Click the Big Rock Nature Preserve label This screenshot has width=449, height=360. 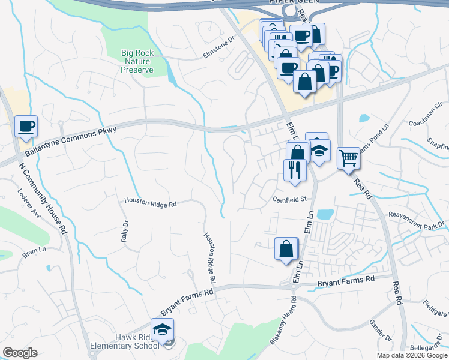137,61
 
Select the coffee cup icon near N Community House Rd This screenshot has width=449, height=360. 26,127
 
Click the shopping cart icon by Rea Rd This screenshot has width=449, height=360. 348,158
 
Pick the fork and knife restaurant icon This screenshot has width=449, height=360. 295,169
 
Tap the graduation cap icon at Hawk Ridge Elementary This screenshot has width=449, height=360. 161,329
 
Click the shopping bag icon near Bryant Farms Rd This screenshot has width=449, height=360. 286,248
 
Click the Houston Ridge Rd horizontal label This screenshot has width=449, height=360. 150,204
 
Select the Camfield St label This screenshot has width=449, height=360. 289,199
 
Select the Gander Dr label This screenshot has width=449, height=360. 380,328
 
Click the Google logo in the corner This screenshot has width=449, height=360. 20,353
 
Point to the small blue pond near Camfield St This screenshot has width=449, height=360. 325,214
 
